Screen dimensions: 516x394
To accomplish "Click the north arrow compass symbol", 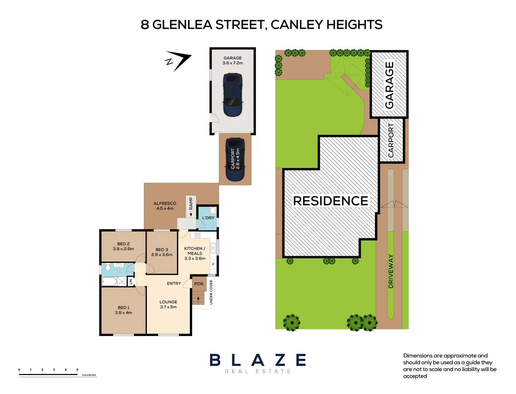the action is point(178,61).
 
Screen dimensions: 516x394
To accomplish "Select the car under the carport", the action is point(235,159).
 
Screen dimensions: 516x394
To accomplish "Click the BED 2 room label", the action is point(123,244).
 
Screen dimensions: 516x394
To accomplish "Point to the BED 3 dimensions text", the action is point(162,255).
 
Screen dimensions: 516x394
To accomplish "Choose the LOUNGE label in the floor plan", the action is point(168,302).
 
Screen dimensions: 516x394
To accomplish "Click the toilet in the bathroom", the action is point(108,267).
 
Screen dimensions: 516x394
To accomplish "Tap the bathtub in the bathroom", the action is point(109,282).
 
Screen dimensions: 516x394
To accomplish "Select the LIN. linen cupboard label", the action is point(131,281).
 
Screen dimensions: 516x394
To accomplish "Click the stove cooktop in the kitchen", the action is point(197,235).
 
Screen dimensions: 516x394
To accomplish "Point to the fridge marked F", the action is point(213,264).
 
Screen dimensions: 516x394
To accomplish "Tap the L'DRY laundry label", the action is point(208,218).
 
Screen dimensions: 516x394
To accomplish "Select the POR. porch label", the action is point(199,283).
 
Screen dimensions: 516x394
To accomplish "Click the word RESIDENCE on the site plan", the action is point(330,201).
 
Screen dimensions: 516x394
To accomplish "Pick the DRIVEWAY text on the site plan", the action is point(391,271).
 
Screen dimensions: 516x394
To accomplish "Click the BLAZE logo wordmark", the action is point(258,360).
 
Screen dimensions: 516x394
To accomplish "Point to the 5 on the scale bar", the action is point(77,370).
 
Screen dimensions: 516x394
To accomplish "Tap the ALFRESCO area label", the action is point(165,203).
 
